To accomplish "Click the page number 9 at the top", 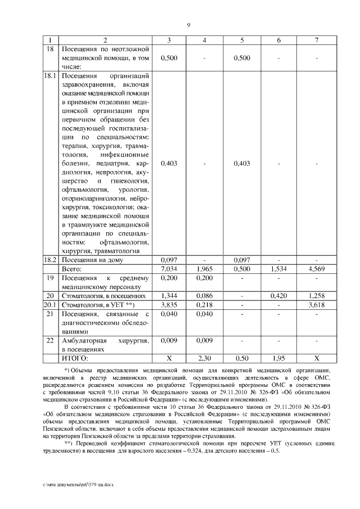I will point(188,25).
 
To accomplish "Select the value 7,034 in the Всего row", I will point(169,269).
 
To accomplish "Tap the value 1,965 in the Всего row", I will point(205,269).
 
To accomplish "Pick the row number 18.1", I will point(51,75).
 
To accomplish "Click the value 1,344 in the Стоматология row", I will point(169,295).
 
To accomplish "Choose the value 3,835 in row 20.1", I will point(169,304).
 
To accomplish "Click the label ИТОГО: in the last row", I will point(75,357).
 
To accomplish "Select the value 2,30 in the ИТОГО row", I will point(205,357).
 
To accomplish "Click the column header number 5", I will point(241,40).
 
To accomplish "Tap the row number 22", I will point(51,340).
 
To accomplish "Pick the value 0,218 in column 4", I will point(205,304).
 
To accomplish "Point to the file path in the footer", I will point(71,483).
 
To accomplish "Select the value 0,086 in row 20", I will point(205,295).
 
